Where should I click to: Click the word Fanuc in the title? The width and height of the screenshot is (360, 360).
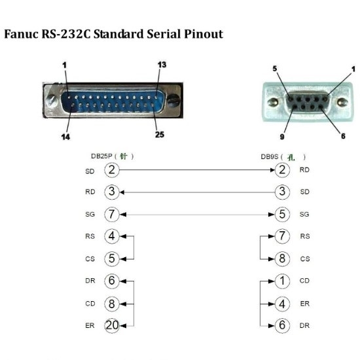click(x=20, y=33)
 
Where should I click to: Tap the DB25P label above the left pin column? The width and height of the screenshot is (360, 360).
click(x=103, y=156)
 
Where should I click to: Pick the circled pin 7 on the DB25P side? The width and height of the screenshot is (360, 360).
click(x=112, y=214)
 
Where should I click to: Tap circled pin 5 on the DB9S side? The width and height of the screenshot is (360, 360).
click(x=281, y=214)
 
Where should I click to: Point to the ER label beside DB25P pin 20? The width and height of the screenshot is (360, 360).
click(x=90, y=325)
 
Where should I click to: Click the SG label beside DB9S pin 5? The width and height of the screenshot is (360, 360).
click(x=304, y=214)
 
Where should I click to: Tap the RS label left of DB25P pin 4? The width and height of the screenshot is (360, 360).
click(x=90, y=236)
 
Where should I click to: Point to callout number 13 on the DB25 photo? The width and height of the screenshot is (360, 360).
click(x=162, y=65)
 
